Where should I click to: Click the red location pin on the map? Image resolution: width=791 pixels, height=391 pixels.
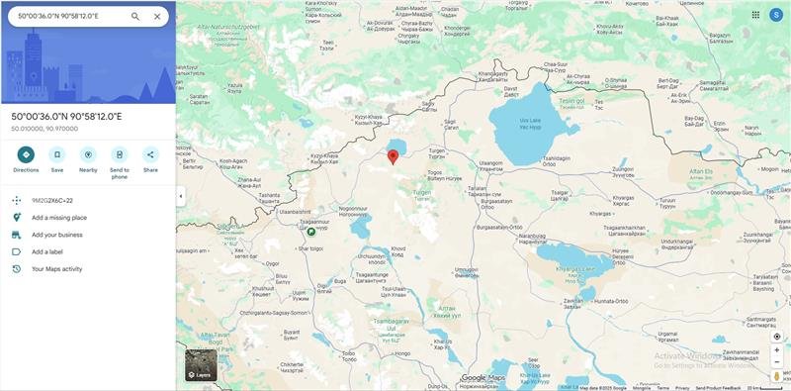pos(393,155)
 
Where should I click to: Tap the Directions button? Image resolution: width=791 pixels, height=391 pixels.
pos(26,154)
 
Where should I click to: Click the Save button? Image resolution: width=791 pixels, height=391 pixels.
pos(57,154)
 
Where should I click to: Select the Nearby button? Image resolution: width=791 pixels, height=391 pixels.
pos(88,154)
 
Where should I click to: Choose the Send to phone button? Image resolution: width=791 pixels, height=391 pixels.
pos(120,154)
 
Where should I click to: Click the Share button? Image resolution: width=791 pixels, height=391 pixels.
pos(150,154)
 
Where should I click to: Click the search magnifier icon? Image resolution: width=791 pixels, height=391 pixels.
pos(135,17)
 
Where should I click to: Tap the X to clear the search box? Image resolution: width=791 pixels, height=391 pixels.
pos(157,17)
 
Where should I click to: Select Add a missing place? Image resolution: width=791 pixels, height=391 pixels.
pos(59,218)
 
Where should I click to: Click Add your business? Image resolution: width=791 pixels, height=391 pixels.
pos(56,235)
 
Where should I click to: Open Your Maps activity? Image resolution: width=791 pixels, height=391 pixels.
pos(56,269)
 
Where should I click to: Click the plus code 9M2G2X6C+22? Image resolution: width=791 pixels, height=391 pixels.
pos(52,200)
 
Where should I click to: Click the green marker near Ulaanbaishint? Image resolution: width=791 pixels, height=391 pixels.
pos(311,231)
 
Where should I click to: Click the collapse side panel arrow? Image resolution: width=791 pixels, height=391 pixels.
pos(180,196)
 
